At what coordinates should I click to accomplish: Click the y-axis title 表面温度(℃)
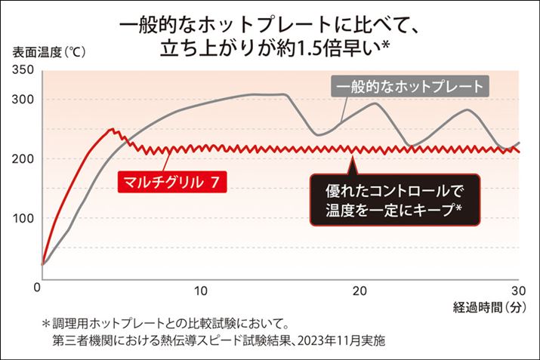coord(48,53)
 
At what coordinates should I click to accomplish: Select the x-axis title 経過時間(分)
coord(489,307)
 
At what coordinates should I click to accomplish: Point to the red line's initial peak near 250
coord(112,129)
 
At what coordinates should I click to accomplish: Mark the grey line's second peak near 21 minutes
coord(375,103)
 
